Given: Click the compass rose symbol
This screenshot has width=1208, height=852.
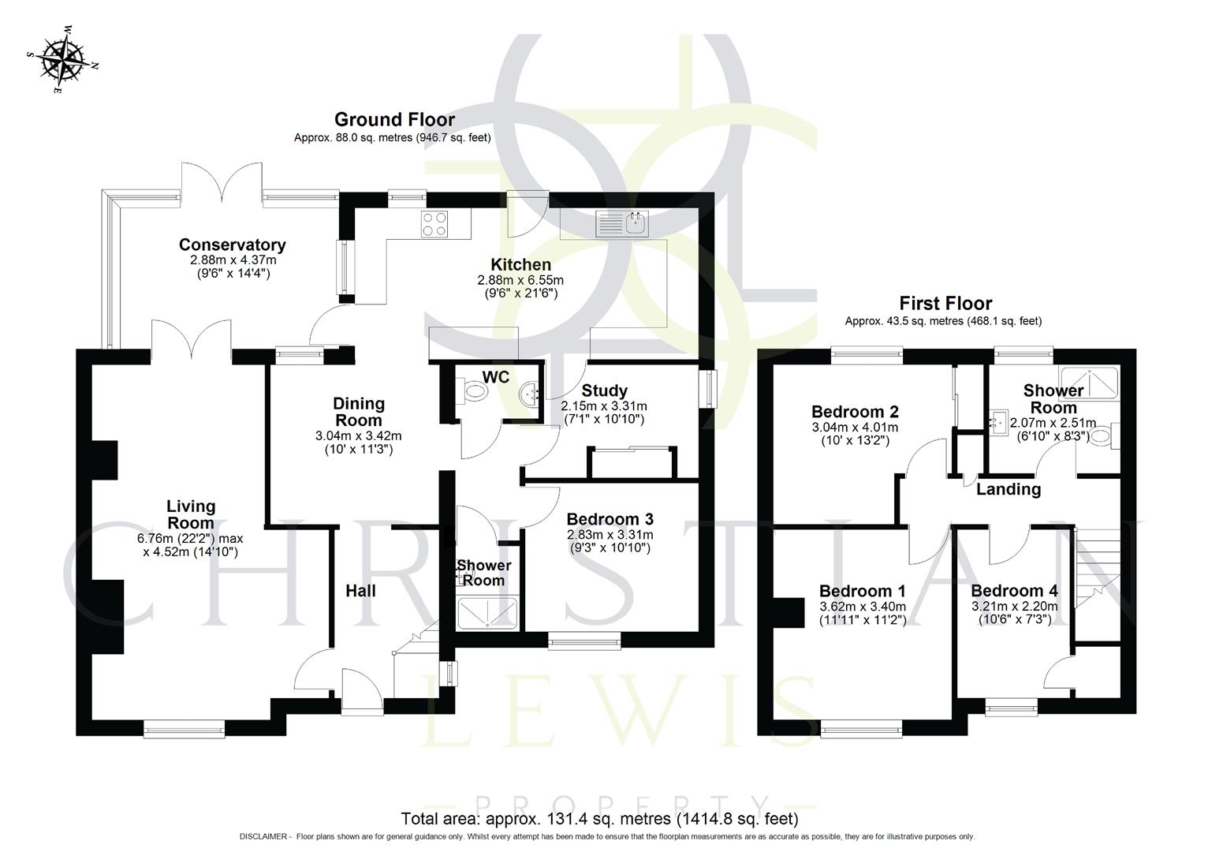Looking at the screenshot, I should [x=62, y=59].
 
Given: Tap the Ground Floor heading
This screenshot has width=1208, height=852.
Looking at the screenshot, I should [x=394, y=120].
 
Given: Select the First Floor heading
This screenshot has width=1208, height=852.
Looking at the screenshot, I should [x=945, y=304].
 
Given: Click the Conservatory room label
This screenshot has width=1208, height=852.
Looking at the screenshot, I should [x=232, y=245].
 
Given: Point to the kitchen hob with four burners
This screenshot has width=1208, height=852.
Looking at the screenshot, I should [x=436, y=224].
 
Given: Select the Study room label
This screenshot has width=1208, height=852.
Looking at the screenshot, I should [x=604, y=390].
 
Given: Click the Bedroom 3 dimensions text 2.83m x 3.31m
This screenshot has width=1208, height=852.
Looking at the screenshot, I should [x=610, y=535].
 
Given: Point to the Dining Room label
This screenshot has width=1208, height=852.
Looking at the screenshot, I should [x=359, y=412].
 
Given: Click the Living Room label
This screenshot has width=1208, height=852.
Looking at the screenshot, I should [x=190, y=514].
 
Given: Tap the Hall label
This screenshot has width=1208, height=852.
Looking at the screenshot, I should [x=360, y=591].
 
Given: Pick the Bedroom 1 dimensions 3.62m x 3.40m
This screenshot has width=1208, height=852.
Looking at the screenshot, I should [x=862, y=607].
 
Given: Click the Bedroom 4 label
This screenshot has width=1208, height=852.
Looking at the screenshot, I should [x=1014, y=591].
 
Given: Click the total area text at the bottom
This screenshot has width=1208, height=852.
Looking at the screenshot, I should [x=600, y=819].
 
